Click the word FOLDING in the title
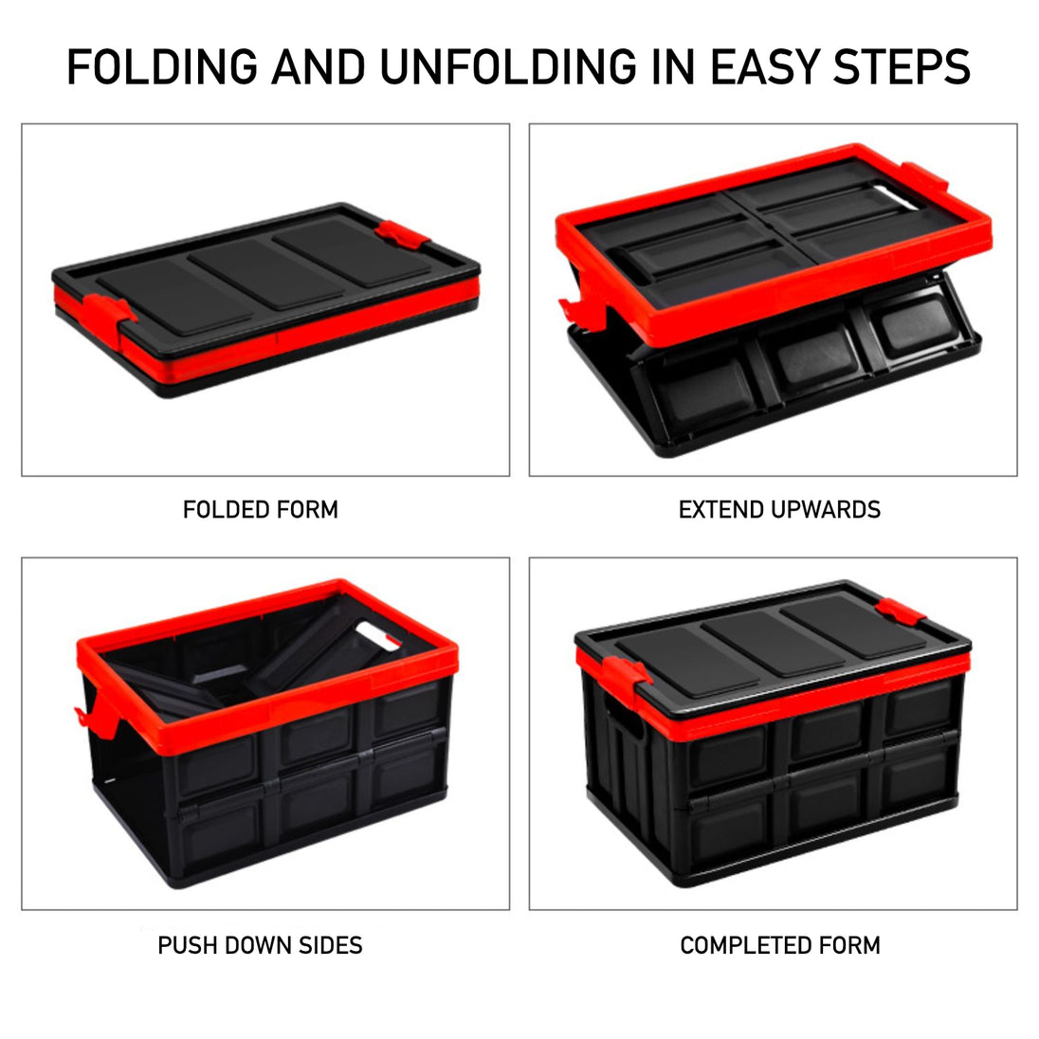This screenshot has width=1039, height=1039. click(162, 67)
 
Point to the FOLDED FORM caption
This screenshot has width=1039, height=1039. click(261, 510)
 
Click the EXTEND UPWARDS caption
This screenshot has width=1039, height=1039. click(779, 510)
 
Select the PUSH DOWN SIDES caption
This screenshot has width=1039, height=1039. click(260, 945)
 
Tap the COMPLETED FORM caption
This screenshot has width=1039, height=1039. click(780, 945)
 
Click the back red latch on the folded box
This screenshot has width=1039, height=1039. click(402, 236)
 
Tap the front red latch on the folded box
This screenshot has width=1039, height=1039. click(109, 313)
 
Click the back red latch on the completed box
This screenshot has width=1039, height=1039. click(900, 611)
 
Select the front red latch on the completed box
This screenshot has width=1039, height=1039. click(627, 673)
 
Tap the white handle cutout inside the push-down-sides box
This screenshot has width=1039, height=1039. click(377, 634)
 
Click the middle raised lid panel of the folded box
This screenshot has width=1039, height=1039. click(265, 274)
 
